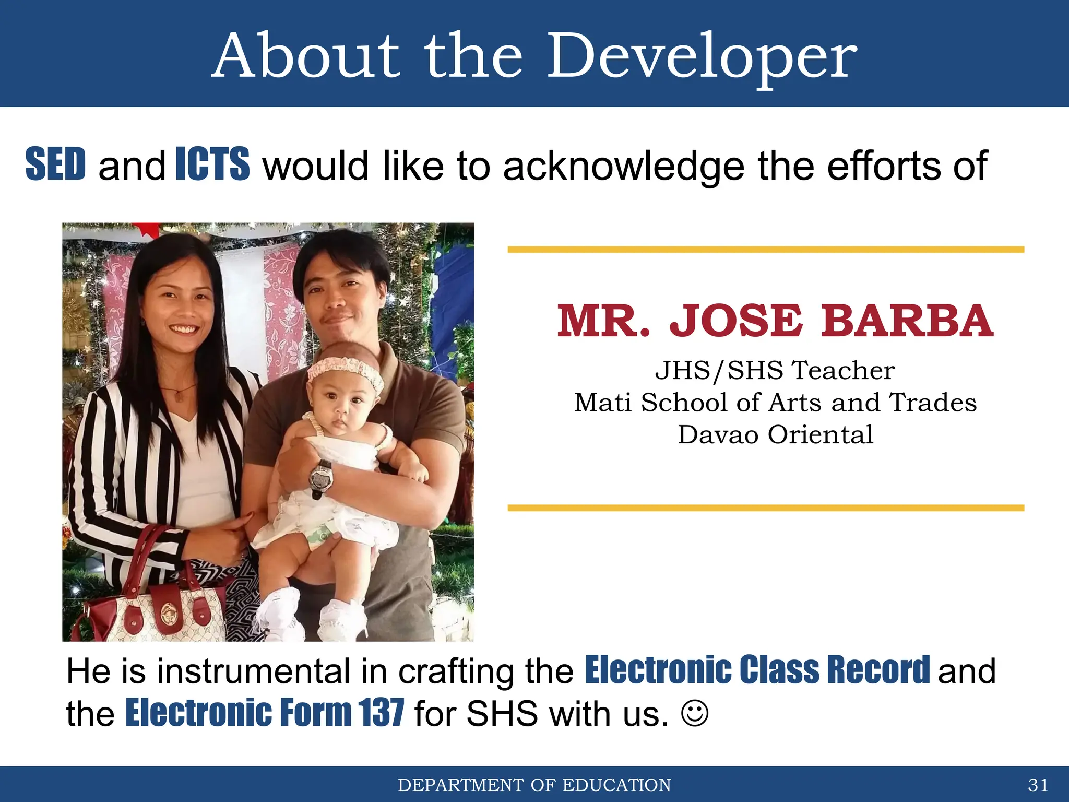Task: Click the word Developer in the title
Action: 702,56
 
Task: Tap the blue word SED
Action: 55,164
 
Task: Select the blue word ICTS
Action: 212,164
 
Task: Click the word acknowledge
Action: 623,166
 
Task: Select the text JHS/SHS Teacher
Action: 775,370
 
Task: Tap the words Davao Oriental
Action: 775,434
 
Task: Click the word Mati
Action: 603,403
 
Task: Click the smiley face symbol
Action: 695,713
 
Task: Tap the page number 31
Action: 1038,785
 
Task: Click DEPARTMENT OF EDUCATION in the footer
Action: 534,785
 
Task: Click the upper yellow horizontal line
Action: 766,250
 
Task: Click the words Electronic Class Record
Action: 757,669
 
